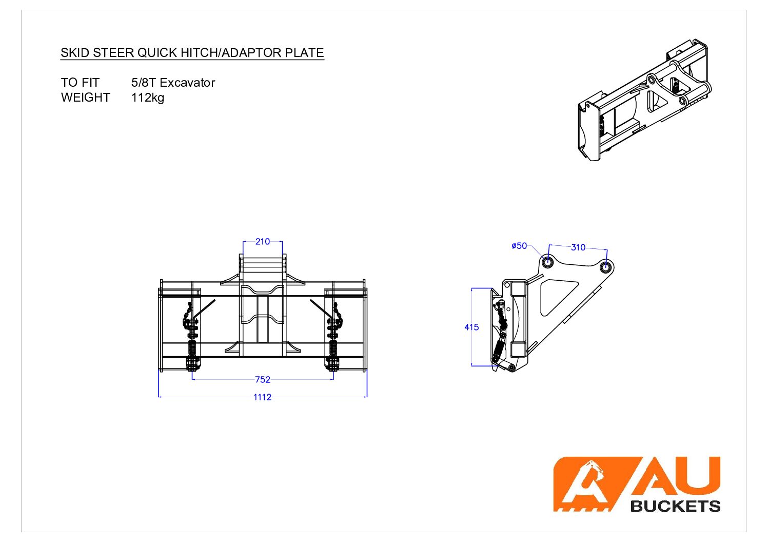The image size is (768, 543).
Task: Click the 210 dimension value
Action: pos(263,242)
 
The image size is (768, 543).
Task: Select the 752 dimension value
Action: pos(263,379)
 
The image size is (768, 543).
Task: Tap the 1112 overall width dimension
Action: pos(262,397)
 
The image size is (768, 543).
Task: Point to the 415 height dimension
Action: pos(471,327)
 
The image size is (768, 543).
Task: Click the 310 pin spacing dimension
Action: pos(578,247)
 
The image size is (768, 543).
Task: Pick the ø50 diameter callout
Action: pos(519,246)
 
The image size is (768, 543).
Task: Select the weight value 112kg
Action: pos(148,98)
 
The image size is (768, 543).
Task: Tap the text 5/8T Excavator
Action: pos(173,82)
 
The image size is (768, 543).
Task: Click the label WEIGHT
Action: pos(86,98)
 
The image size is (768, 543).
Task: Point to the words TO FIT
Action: pos(80,82)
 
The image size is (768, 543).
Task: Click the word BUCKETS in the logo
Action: pos(675,506)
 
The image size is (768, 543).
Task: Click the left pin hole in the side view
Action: pos(547,262)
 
